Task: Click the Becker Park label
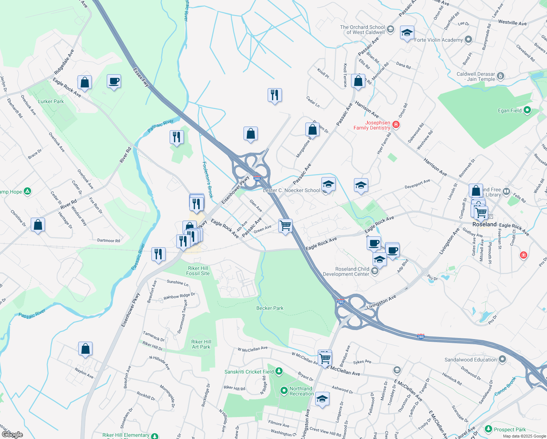[270, 308]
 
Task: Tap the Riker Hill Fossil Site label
[198, 271]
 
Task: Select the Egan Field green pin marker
[527, 110]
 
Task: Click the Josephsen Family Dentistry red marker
[396, 125]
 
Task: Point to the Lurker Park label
[51, 101]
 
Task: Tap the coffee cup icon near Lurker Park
[114, 81]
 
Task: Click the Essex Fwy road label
[141, 77]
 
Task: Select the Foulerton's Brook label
[207, 180]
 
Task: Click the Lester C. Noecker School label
[291, 190]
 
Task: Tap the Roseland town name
[484, 224]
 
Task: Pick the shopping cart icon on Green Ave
[285, 225]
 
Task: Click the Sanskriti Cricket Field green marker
[279, 372]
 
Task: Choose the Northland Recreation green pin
[284, 391]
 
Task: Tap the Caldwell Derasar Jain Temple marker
[501, 76]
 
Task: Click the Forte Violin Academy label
[438, 40]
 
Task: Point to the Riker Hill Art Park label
[201, 344]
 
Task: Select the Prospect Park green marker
[488, 429]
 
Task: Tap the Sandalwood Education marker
[502, 360]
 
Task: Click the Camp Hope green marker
[27, 191]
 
